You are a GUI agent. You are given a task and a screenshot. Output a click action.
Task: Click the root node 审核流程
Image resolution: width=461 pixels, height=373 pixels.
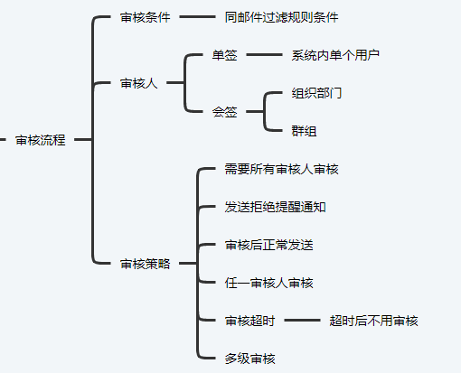point(41,140)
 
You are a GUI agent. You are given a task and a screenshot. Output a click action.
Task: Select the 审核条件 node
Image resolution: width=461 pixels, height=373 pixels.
point(146,17)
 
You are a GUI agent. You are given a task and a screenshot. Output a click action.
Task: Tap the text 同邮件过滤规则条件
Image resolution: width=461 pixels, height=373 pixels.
point(281,17)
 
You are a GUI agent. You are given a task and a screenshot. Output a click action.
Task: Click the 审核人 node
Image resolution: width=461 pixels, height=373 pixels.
point(139,83)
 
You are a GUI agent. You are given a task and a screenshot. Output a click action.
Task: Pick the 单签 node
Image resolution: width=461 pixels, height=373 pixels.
point(225,55)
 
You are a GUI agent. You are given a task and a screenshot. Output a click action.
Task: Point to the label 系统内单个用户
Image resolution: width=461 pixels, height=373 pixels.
point(335,55)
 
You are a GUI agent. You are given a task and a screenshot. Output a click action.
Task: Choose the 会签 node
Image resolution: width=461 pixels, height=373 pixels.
point(225,112)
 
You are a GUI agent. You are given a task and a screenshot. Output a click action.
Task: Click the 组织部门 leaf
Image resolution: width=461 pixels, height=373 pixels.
point(316,93)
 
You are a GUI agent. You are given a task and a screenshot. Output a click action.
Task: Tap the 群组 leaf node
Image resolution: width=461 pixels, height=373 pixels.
point(304,131)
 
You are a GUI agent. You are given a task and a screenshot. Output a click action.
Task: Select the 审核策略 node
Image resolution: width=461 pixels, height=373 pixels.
point(146,264)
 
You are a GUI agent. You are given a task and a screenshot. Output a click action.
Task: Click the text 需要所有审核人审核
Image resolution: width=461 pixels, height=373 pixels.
point(281,169)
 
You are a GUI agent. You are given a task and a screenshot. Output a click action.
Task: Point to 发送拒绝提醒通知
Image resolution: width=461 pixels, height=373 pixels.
point(275,207)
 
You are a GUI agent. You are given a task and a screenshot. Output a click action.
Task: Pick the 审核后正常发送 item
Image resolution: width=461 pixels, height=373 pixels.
point(269,245)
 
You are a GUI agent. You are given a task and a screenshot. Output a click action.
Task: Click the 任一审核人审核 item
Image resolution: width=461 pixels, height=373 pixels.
point(269,283)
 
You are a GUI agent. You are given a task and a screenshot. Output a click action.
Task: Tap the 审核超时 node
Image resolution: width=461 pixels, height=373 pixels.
point(250,321)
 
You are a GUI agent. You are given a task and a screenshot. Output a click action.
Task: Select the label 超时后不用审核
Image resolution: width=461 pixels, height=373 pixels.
point(373,321)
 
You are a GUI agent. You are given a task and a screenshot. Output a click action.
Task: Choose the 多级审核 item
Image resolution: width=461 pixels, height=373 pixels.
point(250,359)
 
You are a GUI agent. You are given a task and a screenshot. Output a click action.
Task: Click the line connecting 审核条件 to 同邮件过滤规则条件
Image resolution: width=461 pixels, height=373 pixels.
point(197,17)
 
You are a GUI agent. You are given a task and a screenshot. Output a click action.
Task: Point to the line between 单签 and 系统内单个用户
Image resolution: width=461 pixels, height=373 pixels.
point(264,55)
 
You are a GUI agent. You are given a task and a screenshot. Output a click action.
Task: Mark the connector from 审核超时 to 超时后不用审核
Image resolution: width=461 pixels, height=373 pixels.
point(302,321)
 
